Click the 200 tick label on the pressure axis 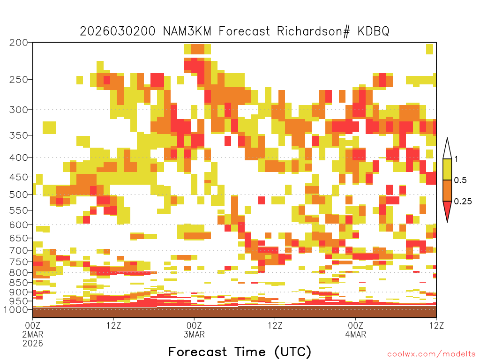point(18,43)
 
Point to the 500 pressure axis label point(18,195)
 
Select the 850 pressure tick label point(18,283)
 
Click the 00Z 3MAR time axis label point(194,330)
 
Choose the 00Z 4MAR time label point(355,330)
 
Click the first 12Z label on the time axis point(113,325)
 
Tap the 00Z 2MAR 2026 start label point(33,334)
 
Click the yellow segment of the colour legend point(447,169)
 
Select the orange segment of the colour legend point(447,190)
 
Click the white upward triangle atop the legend point(447,149)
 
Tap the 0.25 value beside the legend point(463,202)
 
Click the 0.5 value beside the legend point(460,180)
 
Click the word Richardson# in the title point(313,31)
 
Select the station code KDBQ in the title point(373,31)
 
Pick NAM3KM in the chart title point(187,31)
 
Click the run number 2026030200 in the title point(118,31)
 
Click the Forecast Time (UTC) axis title point(240,352)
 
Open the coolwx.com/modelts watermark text point(431,354)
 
